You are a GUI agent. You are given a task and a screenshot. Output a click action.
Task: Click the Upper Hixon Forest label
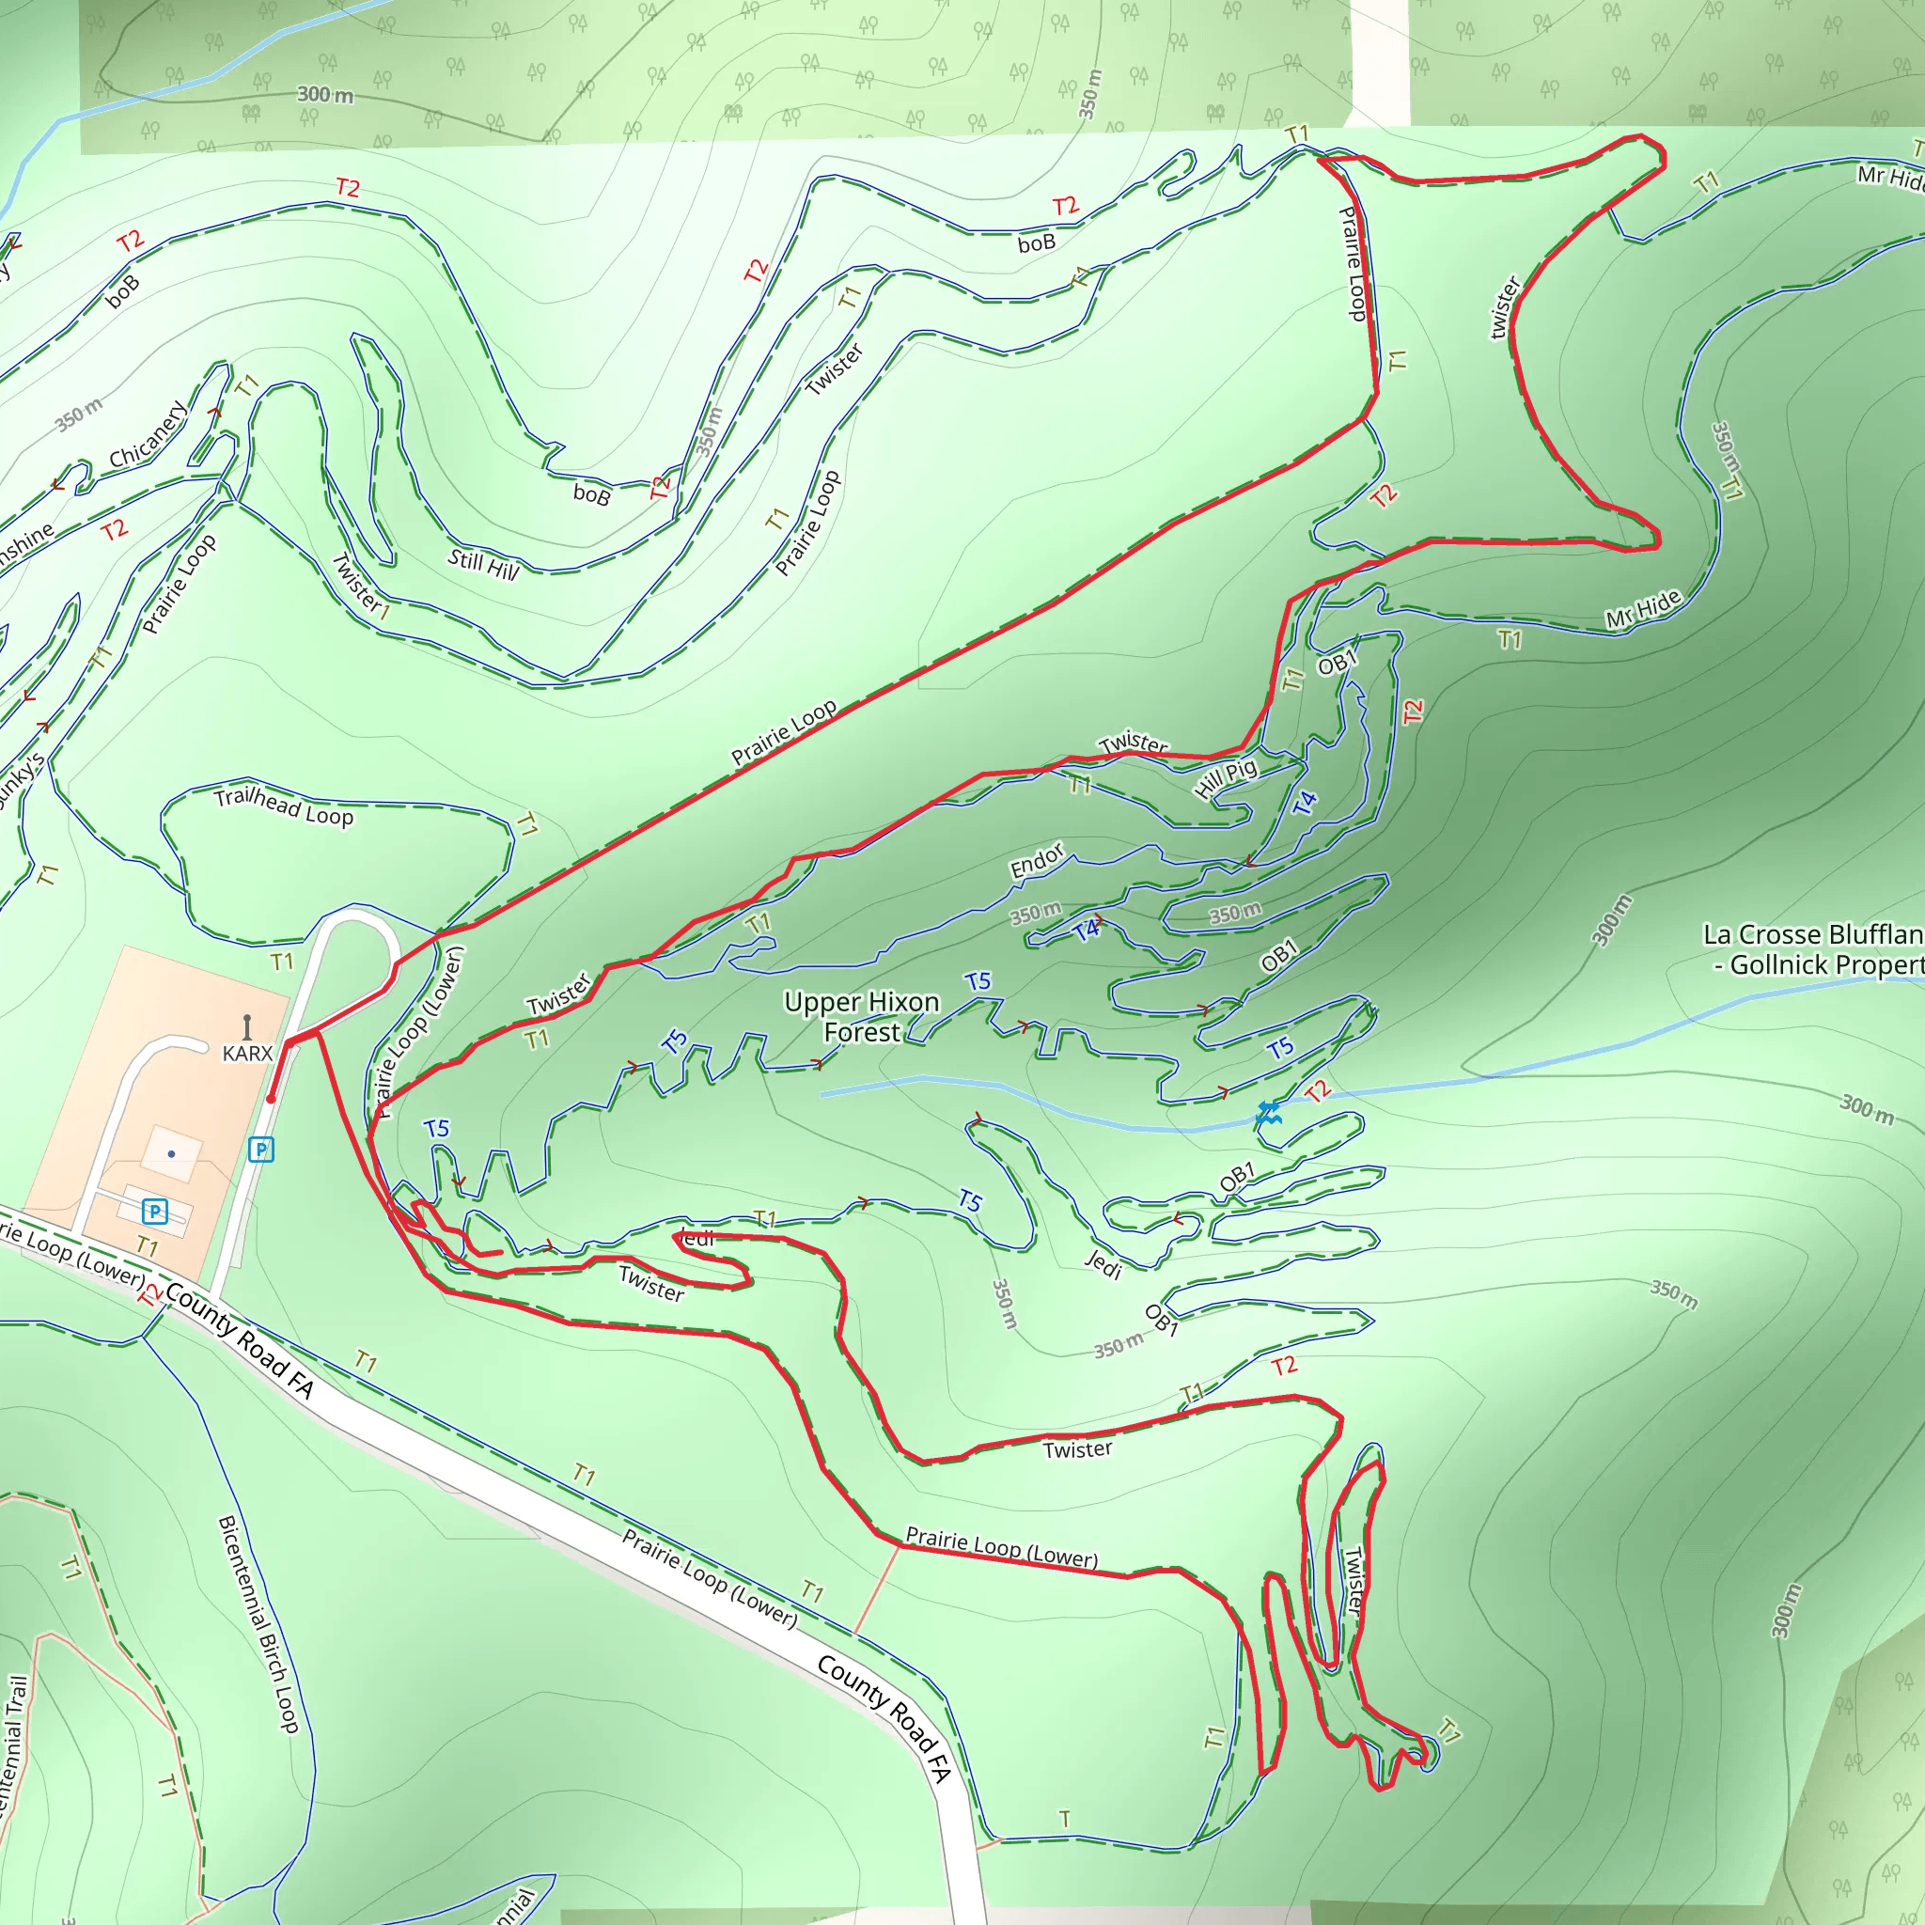point(861,1016)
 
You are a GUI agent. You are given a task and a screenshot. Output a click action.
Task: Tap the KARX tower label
point(247,1053)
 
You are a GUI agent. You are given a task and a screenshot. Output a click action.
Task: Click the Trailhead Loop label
point(284,806)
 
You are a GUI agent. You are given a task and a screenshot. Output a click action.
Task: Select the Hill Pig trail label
point(1226,778)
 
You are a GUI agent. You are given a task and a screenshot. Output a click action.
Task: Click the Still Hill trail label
point(483,564)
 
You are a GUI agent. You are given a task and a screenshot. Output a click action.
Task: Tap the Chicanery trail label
point(148,435)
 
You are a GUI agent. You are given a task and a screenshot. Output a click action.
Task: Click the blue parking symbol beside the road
point(261,1150)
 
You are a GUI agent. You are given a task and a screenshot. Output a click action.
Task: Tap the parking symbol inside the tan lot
point(154,1212)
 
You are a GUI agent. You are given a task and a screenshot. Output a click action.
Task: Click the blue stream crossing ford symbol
point(1267,1113)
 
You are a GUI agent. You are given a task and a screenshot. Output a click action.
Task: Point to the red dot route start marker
point(271,1099)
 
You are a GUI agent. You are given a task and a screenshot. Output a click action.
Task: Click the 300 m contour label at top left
point(325,95)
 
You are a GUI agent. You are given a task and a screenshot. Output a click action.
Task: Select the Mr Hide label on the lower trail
point(1643,608)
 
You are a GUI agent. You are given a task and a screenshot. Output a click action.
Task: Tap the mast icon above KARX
point(247,1026)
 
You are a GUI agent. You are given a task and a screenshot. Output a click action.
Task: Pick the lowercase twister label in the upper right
point(1504,308)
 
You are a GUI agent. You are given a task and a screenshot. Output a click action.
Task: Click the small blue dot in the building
point(171,1154)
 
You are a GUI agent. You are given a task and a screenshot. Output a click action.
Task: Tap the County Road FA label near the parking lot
point(239,1340)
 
